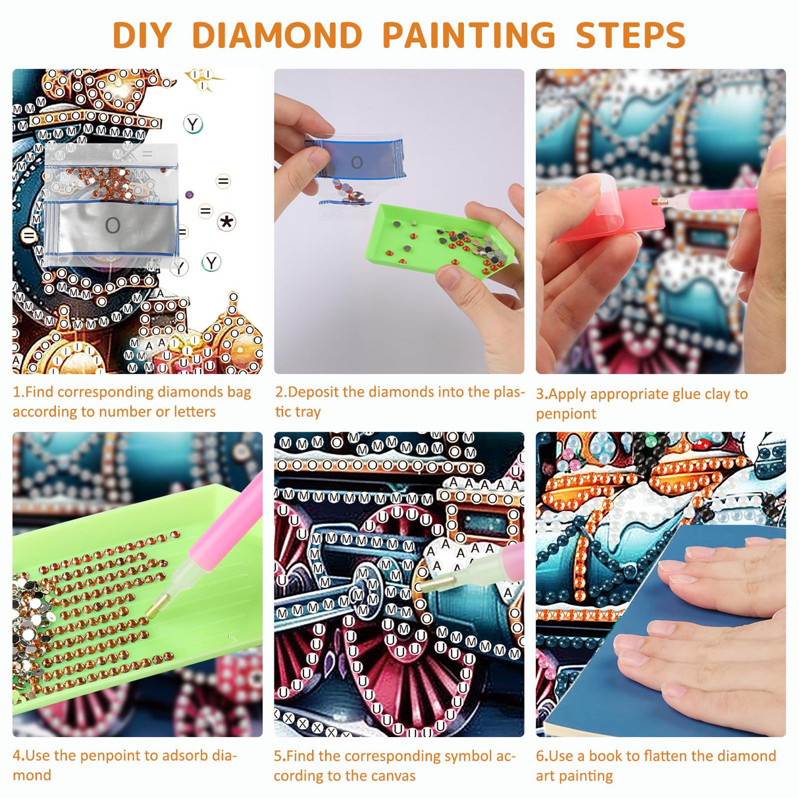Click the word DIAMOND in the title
click(x=277, y=36)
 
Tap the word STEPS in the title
click(x=631, y=36)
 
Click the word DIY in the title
click(x=142, y=36)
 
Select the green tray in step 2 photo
click(x=440, y=242)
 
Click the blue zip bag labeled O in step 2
click(x=357, y=160)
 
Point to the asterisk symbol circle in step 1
click(x=226, y=222)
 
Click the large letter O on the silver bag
click(x=113, y=226)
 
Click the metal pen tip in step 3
click(x=658, y=203)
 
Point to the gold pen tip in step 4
click(x=157, y=606)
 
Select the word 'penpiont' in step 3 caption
click(x=566, y=414)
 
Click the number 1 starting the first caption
click(x=16, y=392)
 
